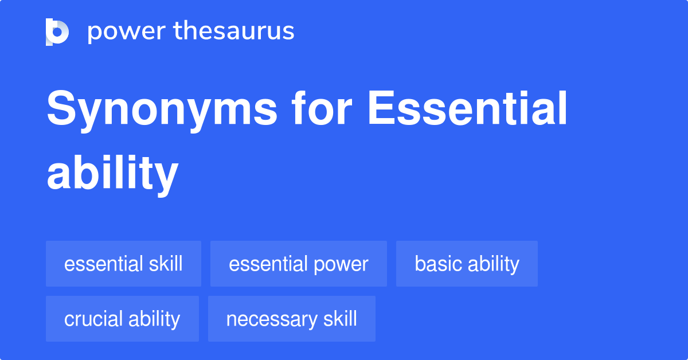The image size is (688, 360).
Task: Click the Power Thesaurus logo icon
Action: point(57,32)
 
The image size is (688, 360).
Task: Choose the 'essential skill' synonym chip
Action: point(123,264)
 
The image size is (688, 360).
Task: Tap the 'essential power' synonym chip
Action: point(298,264)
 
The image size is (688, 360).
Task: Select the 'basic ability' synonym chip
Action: point(467,264)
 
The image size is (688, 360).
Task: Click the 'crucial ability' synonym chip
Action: point(122,319)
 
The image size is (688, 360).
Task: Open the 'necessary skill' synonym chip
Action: point(291,319)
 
